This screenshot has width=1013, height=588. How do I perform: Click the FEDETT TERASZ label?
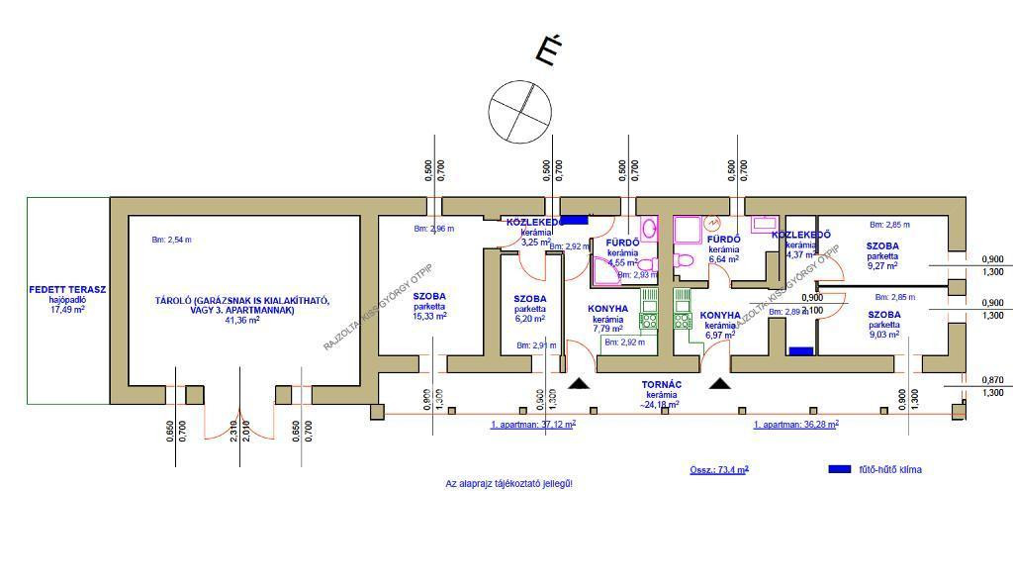point(67,290)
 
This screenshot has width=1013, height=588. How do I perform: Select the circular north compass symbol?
point(519,111)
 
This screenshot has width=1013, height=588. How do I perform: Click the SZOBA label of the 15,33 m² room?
point(429,296)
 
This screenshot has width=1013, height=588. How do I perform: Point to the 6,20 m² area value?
point(530,320)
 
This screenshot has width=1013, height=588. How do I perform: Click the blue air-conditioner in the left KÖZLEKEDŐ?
point(575,221)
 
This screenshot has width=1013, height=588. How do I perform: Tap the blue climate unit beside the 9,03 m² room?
point(800,350)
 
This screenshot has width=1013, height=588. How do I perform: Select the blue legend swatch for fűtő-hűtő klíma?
point(840,469)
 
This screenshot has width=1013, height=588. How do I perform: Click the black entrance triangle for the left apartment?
point(581,382)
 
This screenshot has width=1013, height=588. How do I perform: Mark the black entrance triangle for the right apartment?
point(719,382)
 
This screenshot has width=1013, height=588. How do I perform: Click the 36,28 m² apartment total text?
point(796,424)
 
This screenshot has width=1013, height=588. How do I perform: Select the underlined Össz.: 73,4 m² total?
point(719,469)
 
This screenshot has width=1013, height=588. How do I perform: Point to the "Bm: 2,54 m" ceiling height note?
point(171,240)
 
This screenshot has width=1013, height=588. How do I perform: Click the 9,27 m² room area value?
point(882,265)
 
